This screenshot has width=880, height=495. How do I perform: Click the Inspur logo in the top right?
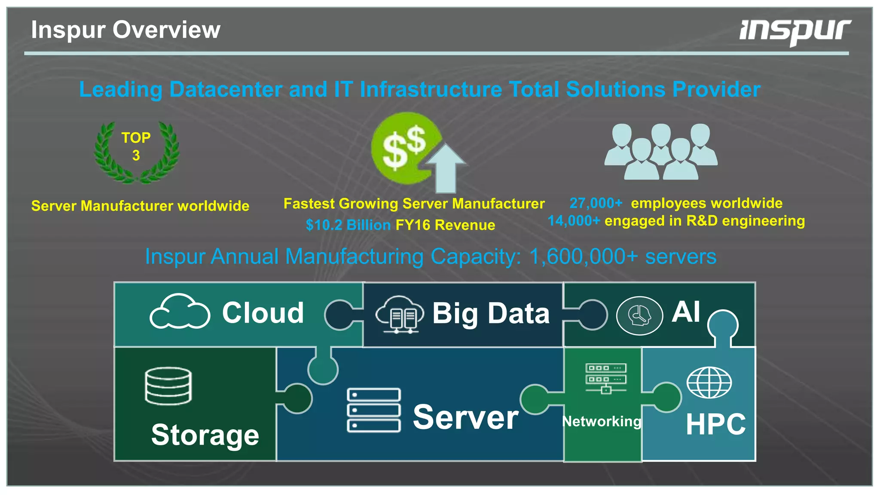(x=795, y=31)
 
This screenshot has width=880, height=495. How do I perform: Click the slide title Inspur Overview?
(x=125, y=30)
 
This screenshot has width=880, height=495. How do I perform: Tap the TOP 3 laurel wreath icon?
(x=136, y=153)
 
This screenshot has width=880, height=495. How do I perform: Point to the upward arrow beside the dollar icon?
(x=446, y=168)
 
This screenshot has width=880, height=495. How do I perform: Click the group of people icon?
(x=661, y=151)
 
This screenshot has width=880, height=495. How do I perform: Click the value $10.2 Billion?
(x=348, y=225)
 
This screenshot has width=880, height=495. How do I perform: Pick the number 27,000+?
(x=596, y=203)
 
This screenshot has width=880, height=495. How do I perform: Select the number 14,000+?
(x=574, y=221)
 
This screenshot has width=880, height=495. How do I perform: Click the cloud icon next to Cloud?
(x=180, y=312)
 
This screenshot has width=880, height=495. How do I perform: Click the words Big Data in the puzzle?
(x=491, y=313)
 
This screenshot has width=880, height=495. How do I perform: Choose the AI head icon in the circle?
(x=639, y=316)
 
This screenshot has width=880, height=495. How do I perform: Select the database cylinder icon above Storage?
(x=168, y=386)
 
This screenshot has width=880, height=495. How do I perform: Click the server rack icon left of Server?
(x=374, y=410)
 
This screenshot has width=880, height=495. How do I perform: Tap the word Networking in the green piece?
(x=602, y=422)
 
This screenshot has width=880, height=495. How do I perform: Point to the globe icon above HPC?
(x=709, y=382)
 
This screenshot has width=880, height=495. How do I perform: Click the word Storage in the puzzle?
(x=205, y=435)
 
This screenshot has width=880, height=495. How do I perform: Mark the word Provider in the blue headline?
(x=716, y=90)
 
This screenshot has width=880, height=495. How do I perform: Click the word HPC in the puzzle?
(x=715, y=425)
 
